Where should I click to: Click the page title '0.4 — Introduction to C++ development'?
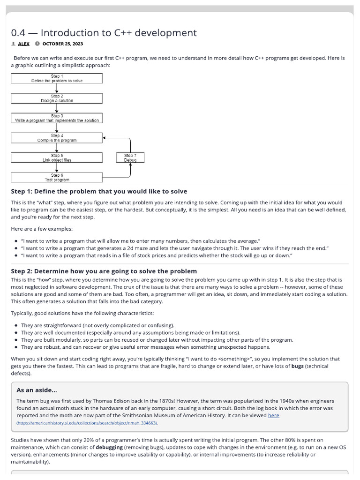[104, 33]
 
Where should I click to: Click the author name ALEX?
[24, 44]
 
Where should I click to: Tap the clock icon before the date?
[37, 44]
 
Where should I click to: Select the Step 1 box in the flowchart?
[57, 78]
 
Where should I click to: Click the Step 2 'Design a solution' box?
[57, 98]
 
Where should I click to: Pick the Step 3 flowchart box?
[57, 118]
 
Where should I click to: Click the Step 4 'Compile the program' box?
[57, 138]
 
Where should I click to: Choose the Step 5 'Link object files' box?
[57, 157]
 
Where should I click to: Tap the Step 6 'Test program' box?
[57, 177]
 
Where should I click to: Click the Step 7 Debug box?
[130, 157]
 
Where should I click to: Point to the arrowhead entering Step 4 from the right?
[105, 138]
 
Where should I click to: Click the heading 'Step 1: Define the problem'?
[99, 191]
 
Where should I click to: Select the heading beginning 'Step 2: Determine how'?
[104, 271]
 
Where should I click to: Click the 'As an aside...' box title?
[37, 390]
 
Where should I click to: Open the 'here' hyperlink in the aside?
[273, 415]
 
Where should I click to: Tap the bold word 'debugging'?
[111, 448]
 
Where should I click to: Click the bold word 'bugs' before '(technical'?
[297, 366]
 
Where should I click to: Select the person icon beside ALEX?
[13, 44]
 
